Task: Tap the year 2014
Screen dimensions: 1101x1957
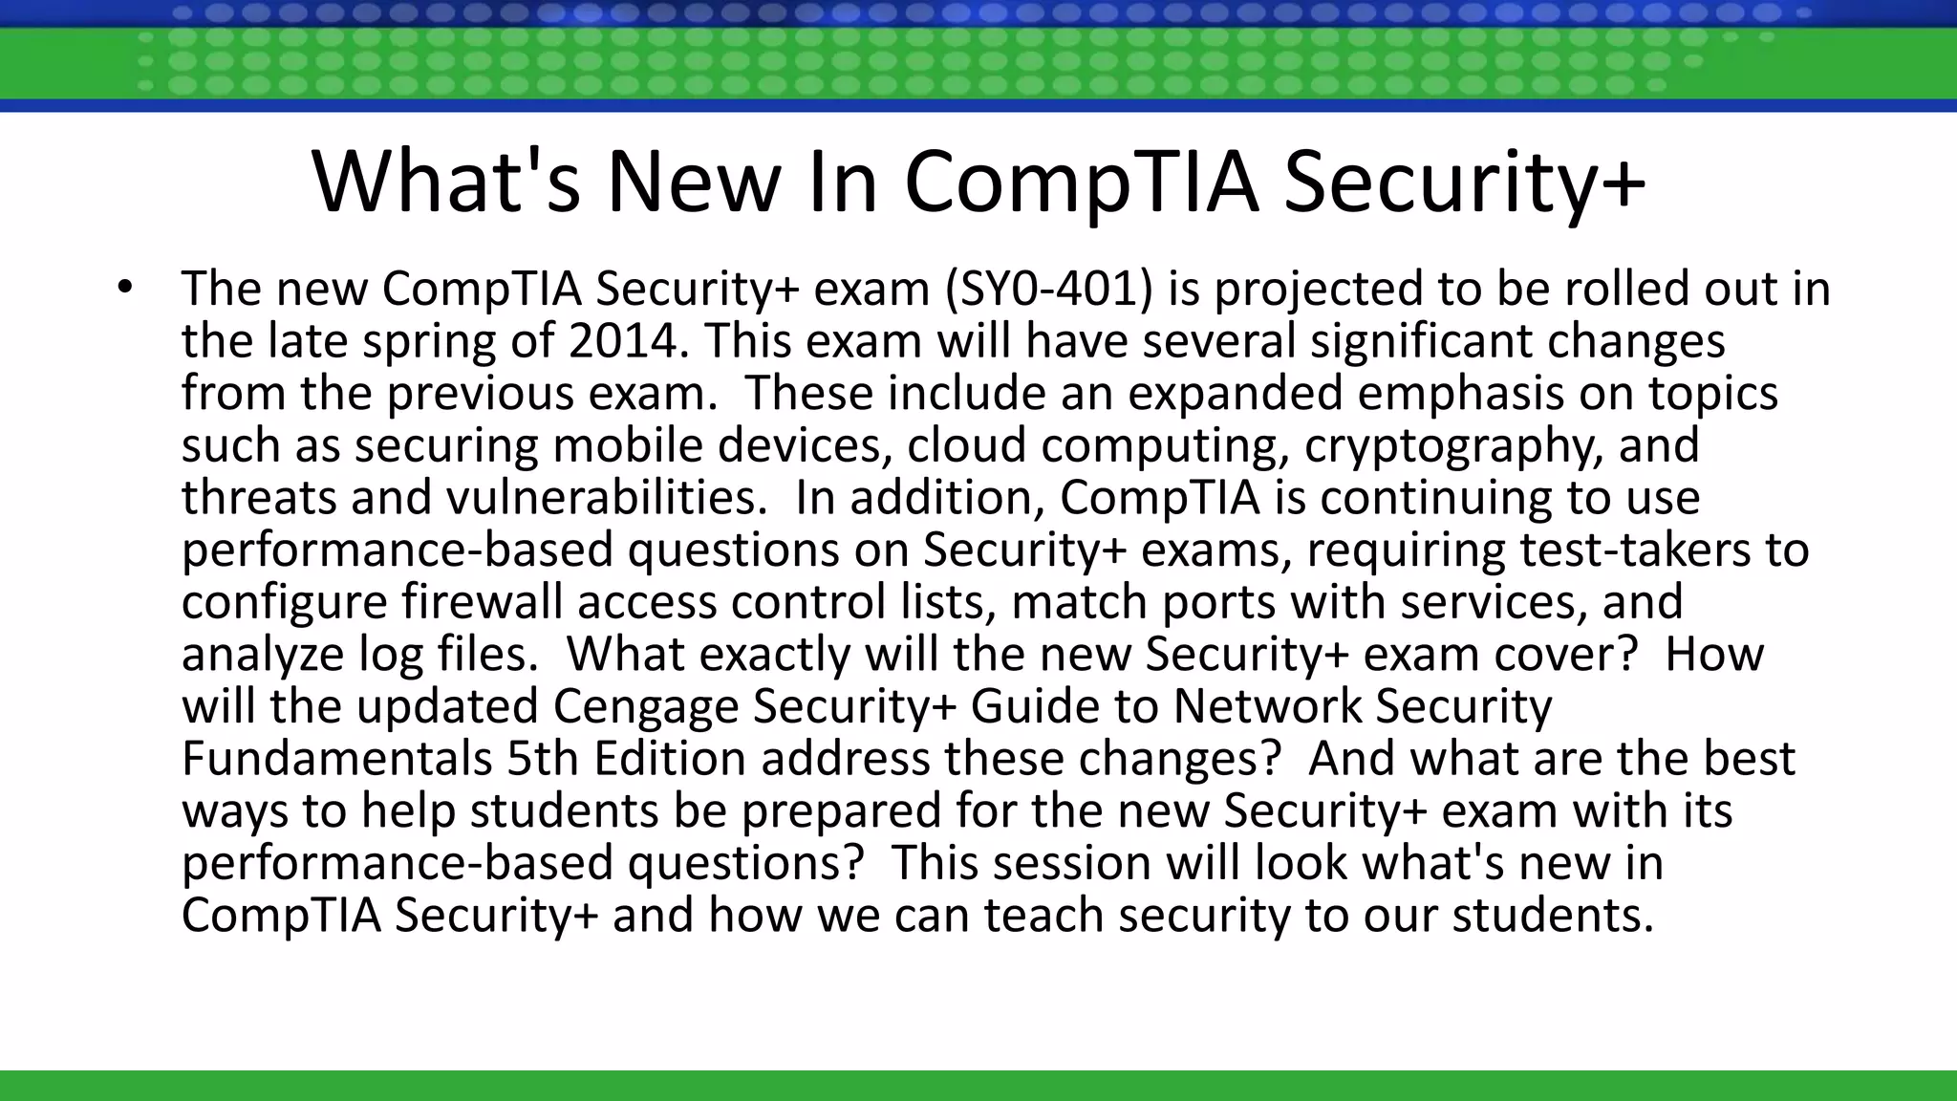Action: pos(622,341)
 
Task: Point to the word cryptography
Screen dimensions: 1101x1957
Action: pos(1453,445)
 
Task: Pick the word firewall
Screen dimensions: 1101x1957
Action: pos(482,602)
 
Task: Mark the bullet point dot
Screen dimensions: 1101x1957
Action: pos(123,287)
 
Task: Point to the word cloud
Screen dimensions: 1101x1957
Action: pos(965,445)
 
